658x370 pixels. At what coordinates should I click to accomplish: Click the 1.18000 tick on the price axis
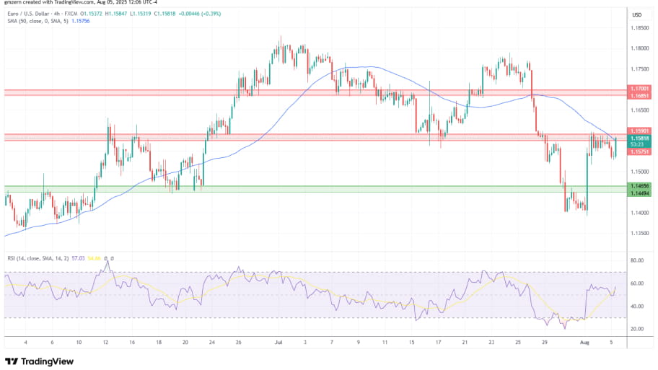click(x=639, y=48)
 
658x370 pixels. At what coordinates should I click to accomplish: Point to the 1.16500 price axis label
click(x=639, y=110)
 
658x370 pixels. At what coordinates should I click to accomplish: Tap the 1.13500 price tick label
click(x=639, y=233)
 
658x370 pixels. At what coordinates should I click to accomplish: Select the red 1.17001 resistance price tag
click(x=639, y=89)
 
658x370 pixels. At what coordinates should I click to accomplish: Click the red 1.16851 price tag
click(x=639, y=96)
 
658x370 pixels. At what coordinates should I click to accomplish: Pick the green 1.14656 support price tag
click(x=639, y=186)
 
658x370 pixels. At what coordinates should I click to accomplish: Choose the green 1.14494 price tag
click(x=639, y=193)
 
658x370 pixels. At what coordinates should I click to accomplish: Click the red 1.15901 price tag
click(x=639, y=131)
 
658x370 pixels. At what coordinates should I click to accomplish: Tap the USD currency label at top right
click(x=637, y=14)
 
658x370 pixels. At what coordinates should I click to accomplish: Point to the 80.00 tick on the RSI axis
click(x=637, y=260)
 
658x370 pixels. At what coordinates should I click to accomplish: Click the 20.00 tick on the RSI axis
click(x=637, y=329)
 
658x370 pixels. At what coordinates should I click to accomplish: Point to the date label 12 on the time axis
click(x=106, y=343)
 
